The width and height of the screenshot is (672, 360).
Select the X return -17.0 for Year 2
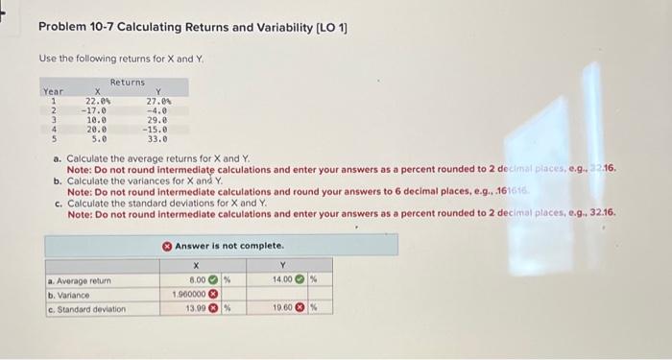click(97, 109)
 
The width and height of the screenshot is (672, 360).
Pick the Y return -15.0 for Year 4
click(156, 128)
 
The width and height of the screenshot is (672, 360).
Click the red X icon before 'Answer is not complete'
click(167, 246)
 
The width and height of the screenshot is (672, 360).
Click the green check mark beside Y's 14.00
click(299, 280)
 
